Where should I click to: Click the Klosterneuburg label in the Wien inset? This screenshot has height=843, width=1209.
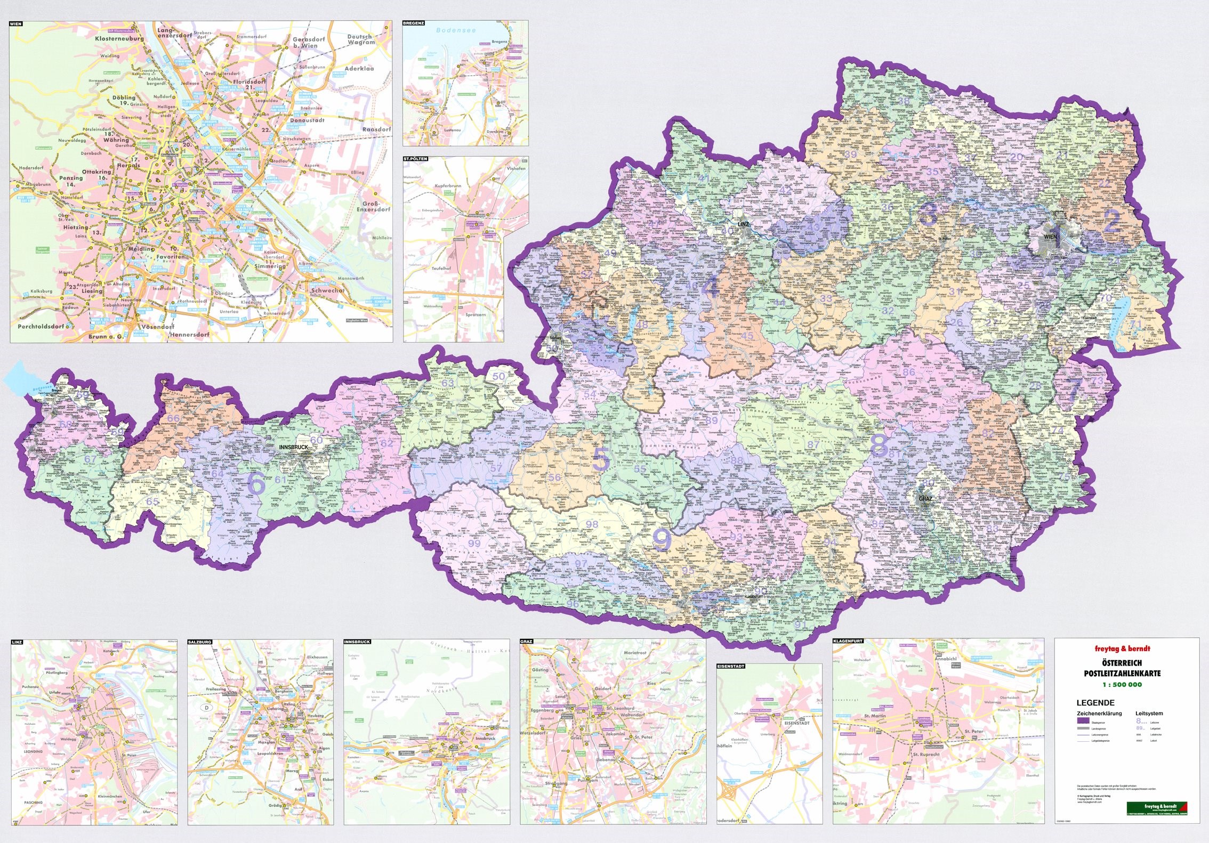click(119, 39)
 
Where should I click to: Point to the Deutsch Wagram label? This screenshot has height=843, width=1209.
click(361, 39)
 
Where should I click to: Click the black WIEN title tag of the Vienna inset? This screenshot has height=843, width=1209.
click(17, 24)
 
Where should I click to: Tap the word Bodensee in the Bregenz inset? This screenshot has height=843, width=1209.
click(456, 30)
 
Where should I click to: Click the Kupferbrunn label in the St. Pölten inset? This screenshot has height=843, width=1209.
click(448, 186)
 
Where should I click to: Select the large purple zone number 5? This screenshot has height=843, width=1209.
click(600, 459)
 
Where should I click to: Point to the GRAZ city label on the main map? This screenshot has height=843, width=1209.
click(925, 499)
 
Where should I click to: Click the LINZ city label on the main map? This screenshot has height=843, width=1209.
click(743, 224)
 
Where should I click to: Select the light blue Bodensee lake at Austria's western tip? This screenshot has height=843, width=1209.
click(15, 377)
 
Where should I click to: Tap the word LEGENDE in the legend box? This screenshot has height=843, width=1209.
click(1095, 702)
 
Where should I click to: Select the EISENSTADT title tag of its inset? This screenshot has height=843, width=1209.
click(730, 666)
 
